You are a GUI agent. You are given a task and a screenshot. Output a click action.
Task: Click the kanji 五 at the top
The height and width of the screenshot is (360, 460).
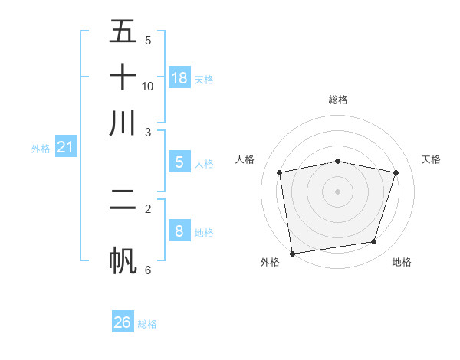point(123,33)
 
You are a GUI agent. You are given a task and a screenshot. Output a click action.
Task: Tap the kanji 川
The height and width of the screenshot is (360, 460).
point(123,123)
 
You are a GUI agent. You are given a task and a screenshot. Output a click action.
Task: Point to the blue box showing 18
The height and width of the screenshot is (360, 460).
point(179,78)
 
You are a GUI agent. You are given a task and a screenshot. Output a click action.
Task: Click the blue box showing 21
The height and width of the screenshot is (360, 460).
point(65,146)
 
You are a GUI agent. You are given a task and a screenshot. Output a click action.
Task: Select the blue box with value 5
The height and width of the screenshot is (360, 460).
point(179,162)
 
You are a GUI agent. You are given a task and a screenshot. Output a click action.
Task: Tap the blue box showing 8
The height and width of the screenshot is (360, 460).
point(179,231)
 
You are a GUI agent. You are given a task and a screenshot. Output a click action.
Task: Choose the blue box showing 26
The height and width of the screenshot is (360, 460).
point(123,322)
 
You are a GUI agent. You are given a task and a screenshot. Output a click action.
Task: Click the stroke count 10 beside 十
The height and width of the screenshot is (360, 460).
point(148,86)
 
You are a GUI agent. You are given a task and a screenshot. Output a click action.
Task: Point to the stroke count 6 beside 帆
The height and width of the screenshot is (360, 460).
point(147,270)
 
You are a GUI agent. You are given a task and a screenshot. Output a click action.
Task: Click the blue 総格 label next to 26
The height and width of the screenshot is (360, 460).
point(147,324)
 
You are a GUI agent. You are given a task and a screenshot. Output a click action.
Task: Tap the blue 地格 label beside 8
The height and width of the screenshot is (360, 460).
point(205,233)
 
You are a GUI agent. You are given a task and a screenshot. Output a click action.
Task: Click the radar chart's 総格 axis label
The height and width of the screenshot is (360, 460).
point(338,100)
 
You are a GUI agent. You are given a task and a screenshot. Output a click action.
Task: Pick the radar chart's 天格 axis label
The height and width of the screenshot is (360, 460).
point(432,159)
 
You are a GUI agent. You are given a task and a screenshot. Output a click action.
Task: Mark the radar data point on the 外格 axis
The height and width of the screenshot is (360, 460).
point(292,253)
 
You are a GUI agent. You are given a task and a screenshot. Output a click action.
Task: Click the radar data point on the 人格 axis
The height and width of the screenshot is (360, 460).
point(280,173)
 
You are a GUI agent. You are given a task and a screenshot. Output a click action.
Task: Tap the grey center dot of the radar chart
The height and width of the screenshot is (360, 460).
point(338,191)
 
